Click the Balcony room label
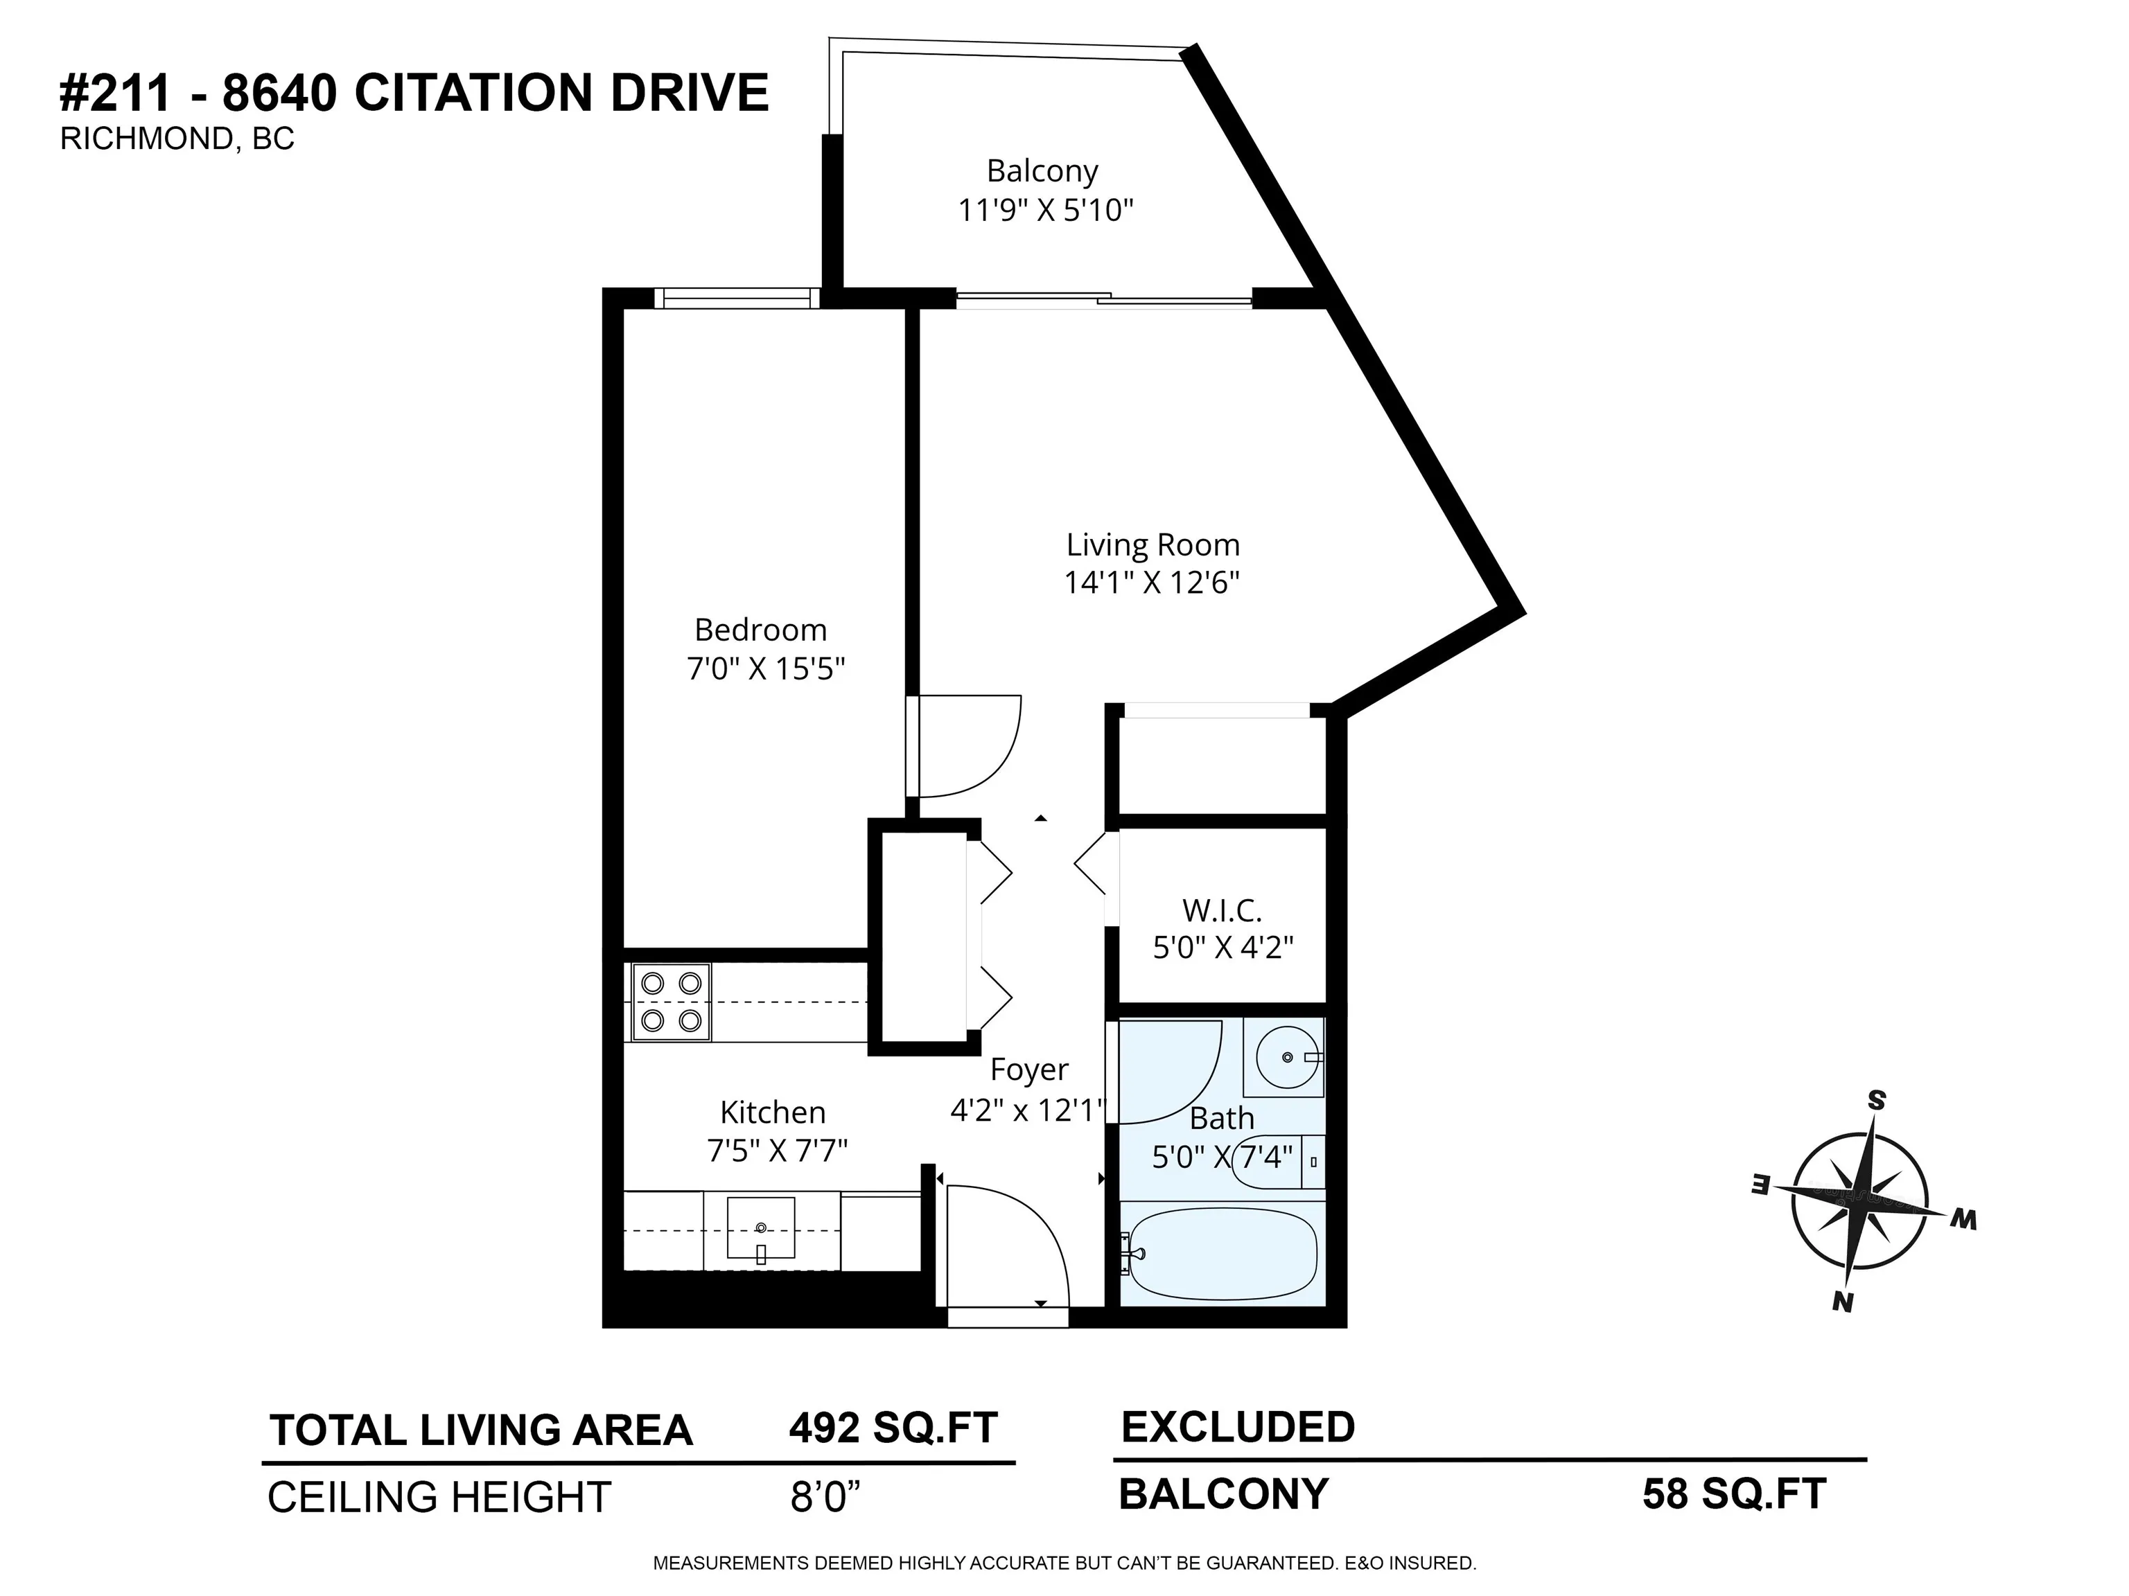click(x=1042, y=171)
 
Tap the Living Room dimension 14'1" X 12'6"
click(x=1151, y=583)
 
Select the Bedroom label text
click(x=760, y=630)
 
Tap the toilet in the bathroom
click(x=1275, y=1162)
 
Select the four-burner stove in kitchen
click(x=672, y=1002)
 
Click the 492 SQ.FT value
click(x=892, y=1428)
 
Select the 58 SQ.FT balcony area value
click(x=1733, y=1494)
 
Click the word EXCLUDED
click(x=1238, y=1427)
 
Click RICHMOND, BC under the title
click(x=177, y=139)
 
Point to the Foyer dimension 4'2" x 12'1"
click(x=1028, y=1110)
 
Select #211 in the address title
click(x=116, y=94)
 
